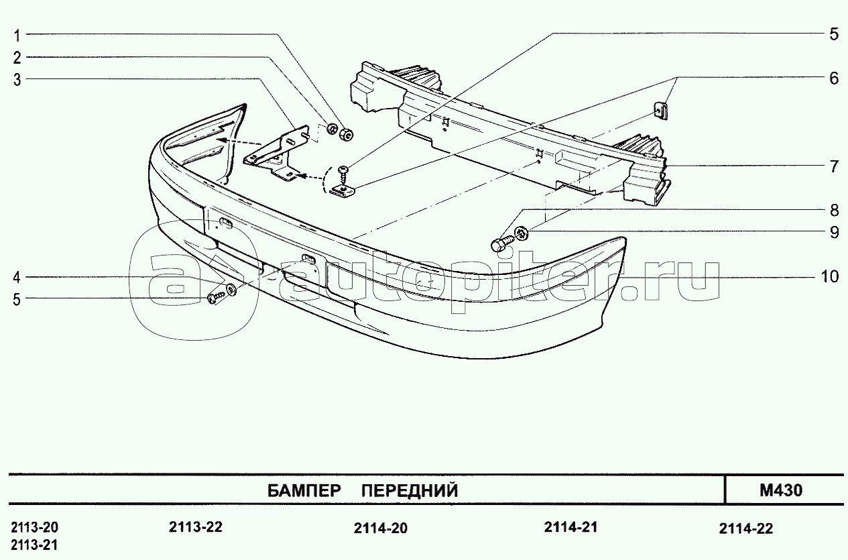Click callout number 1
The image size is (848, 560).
click(x=19, y=34)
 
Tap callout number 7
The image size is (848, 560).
click(x=833, y=166)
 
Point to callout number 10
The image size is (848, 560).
click(x=829, y=276)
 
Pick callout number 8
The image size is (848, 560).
click(x=833, y=211)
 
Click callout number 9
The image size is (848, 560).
click(x=833, y=233)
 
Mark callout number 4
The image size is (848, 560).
click(x=19, y=277)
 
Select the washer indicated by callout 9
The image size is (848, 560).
click(x=520, y=235)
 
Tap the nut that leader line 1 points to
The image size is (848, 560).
click(x=346, y=134)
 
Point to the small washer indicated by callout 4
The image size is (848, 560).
click(x=231, y=290)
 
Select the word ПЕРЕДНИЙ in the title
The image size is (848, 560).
click(x=410, y=491)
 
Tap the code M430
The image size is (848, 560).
click(x=781, y=490)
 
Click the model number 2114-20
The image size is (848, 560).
click(x=380, y=528)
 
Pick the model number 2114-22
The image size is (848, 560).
click(x=745, y=528)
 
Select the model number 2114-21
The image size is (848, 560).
click(x=570, y=526)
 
